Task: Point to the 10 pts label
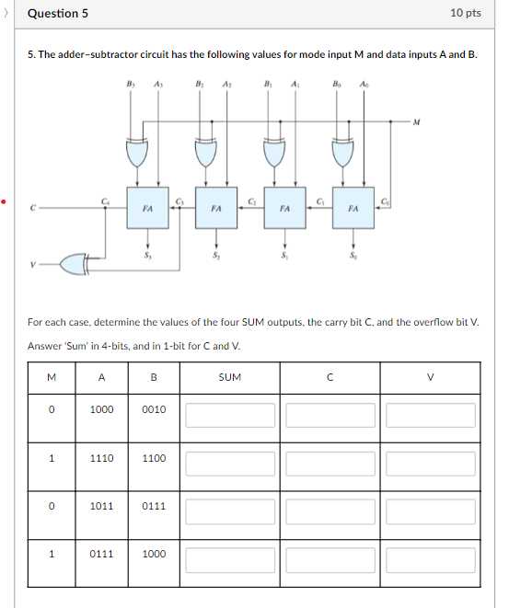click(466, 13)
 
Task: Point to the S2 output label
click(216, 255)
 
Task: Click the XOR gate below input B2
click(205, 150)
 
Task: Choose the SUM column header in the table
click(230, 376)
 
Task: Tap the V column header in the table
click(429, 376)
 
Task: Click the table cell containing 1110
click(101, 457)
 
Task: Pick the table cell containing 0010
click(155, 409)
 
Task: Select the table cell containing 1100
click(155, 457)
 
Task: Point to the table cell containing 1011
click(101, 506)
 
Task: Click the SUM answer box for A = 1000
click(230, 415)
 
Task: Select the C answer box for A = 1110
click(330, 463)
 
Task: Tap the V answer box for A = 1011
click(430, 510)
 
